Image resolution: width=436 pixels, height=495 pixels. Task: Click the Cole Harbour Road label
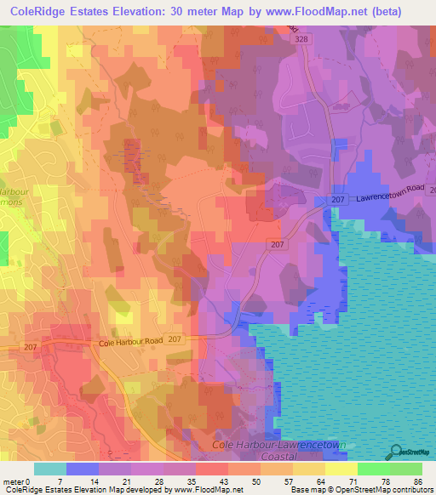(129, 342)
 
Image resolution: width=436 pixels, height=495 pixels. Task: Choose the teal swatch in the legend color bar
(50, 469)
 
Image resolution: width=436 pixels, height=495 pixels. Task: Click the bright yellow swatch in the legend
(341, 469)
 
